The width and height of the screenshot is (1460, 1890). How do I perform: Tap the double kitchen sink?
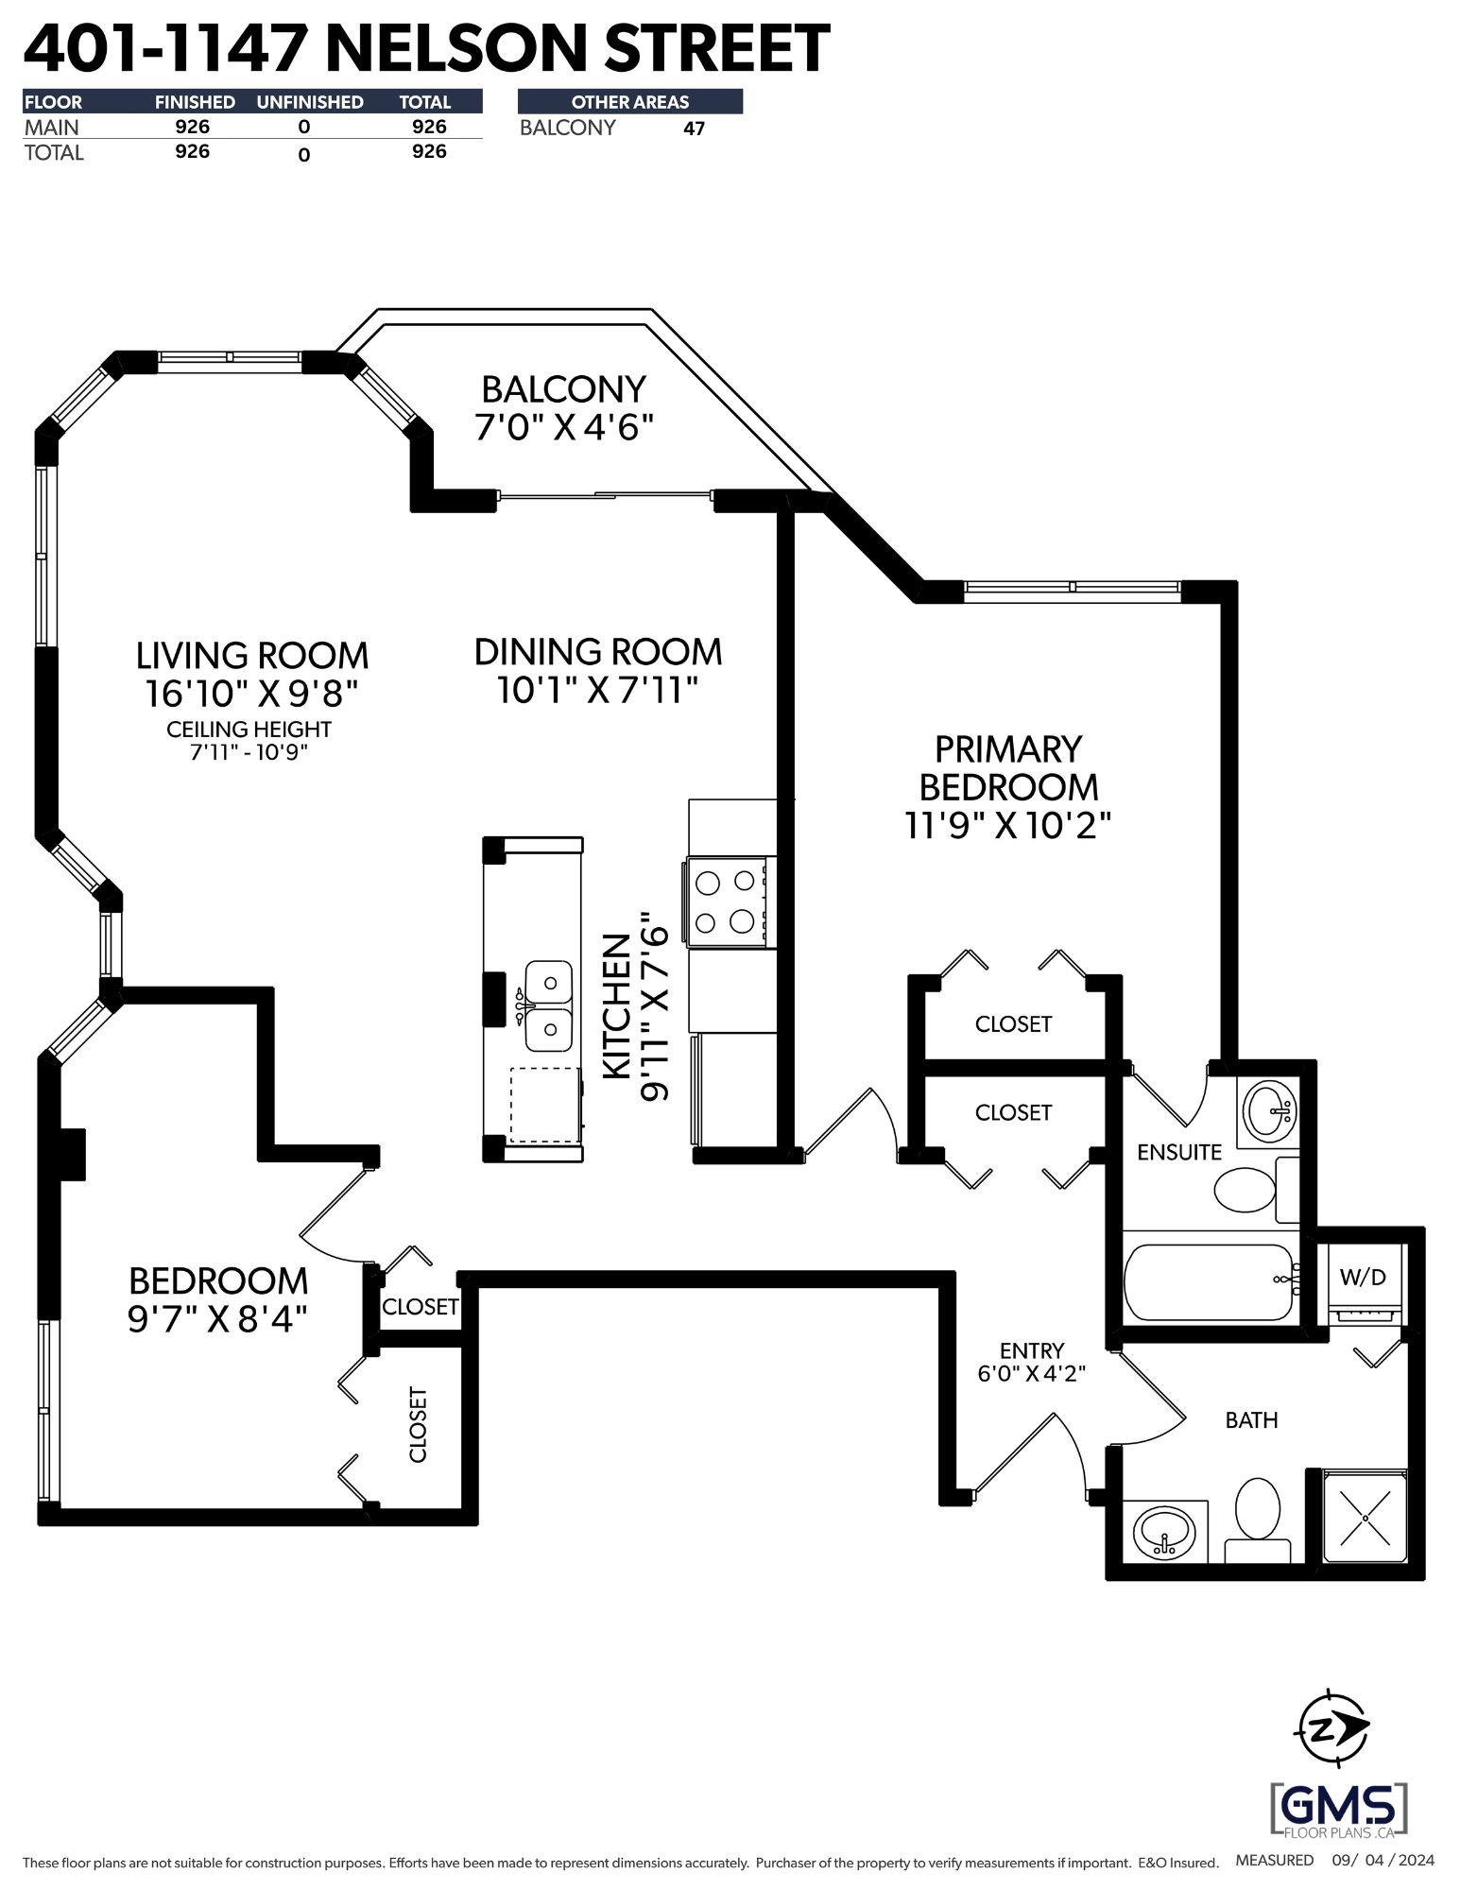pyautogui.click(x=548, y=1005)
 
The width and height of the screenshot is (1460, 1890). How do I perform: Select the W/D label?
pyautogui.click(x=1363, y=1277)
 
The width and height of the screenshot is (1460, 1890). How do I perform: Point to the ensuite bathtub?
pyautogui.click(x=1210, y=1282)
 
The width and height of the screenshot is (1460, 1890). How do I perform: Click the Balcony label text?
pyautogui.click(x=564, y=388)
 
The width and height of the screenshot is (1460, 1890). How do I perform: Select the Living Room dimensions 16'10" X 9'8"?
pyautogui.click(x=252, y=694)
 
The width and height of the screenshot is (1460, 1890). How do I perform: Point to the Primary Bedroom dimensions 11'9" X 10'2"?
pyautogui.click(x=1007, y=826)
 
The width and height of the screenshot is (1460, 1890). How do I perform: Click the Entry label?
pyautogui.click(x=1031, y=1351)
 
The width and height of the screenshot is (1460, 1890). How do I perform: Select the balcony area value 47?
pyautogui.click(x=694, y=129)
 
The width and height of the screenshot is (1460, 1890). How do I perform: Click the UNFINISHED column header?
pyautogui.click(x=310, y=102)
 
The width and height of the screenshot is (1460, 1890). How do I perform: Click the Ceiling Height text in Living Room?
pyautogui.click(x=249, y=730)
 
